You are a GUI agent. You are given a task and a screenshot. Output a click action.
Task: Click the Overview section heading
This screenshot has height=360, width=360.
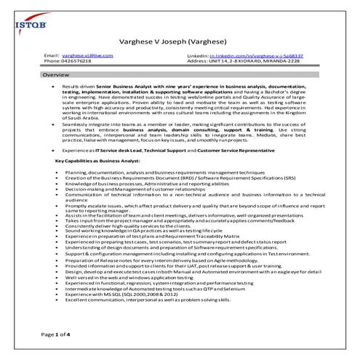point(57,76)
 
